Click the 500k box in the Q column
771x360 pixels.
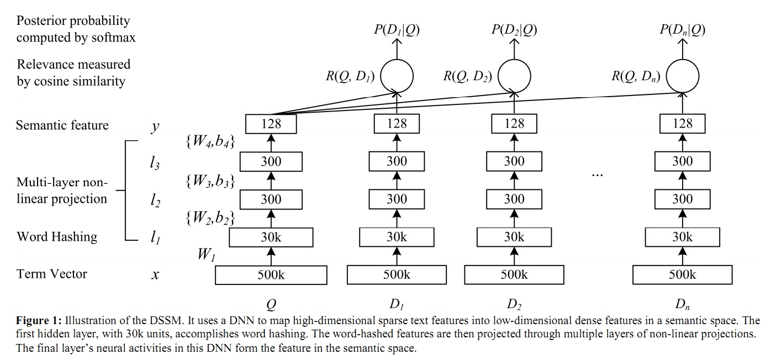click(x=271, y=275)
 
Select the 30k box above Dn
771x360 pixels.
click(x=682, y=237)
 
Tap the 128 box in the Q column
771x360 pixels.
click(x=271, y=124)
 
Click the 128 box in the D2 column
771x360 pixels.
click(x=514, y=124)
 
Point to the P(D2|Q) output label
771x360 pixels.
click(x=514, y=30)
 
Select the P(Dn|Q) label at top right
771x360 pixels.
click(x=682, y=30)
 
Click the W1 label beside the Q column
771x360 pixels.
click(x=207, y=255)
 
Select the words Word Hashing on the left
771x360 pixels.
click(x=57, y=237)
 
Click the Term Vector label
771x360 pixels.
click(x=52, y=274)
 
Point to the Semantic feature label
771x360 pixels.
click(x=62, y=125)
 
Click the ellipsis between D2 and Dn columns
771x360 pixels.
click(x=597, y=174)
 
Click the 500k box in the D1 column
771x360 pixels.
click(x=397, y=275)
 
